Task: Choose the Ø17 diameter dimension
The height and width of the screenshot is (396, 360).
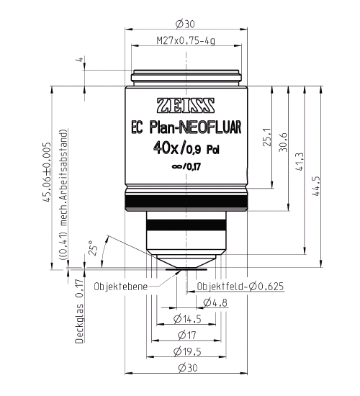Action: pos(186,335)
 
